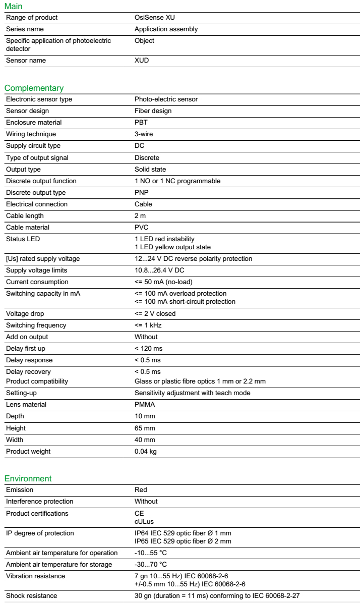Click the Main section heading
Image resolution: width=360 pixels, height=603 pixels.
coord(14,7)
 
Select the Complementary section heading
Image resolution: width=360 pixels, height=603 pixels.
coord(34,88)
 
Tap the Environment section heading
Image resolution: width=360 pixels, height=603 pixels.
coord(28,478)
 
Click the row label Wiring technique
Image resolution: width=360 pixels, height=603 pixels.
coord(31,134)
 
